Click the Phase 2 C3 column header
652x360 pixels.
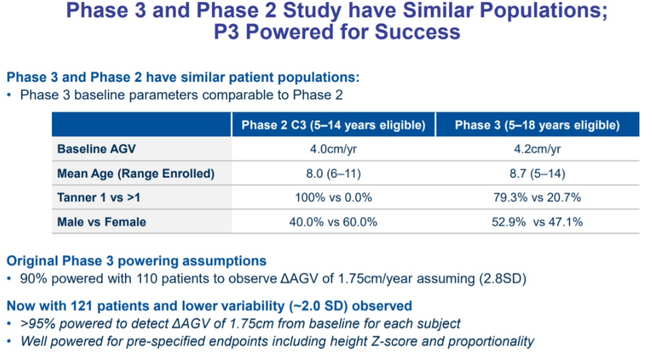click(333, 125)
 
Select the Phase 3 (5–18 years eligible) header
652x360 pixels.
click(537, 125)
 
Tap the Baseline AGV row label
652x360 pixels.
click(96, 149)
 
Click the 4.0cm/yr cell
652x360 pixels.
click(333, 149)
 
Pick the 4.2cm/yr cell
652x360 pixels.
click(537, 149)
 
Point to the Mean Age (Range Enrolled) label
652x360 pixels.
click(136, 174)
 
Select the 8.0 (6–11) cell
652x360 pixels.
click(333, 174)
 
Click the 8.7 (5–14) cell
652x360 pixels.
click(537, 174)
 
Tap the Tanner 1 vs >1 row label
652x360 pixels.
click(98, 198)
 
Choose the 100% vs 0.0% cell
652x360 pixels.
click(333, 198)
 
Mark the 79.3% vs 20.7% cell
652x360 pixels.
click(537, 198)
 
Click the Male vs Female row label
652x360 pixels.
click(101, 222)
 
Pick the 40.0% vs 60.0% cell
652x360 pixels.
click(333, 222)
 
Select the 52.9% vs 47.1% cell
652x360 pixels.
click(537, 222)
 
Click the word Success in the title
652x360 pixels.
click(417, 32)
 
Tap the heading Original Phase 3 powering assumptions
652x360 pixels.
click(136, 260)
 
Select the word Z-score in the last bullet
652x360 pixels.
click(391, 341)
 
